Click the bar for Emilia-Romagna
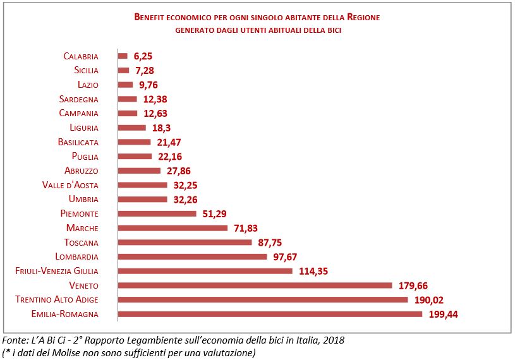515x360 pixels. pyautogui.click(x=270, y=314)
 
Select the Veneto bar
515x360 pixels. pyautogui.click(x=255, y=285)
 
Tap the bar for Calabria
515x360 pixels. pyautogui.click(x=123, y=56)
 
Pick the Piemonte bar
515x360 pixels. pyautogui.click(x=157, y=213)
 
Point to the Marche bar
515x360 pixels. pyautogui.click(x=173, y=228)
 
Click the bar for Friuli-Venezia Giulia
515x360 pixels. pyautogui.click(x=205, y=271)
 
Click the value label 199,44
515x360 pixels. pyautogui.click(x=444, y=315)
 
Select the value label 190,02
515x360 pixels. pyautogui.click(x=429, y=300)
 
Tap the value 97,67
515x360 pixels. pyautogui.click(x=285, y=257)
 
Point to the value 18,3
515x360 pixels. pyautogui.click(x=161, y=128)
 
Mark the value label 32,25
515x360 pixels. pyautogui.click(x=185, y=186)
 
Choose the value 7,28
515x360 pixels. pyautogui.click(x=145, y=71)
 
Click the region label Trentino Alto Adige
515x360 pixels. pyautogui.click(x=57, y=299)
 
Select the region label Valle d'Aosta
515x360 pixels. pyautogui.click(x=70, y=185)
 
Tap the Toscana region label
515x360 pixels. pyautogui.click(x=81, y=242)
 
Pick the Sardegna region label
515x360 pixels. pyautogui.click(x=79, y=99)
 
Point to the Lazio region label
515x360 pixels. pyautogui.click(x=88, y=85)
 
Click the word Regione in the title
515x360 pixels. pyautogui.click(x=363, y=17)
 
